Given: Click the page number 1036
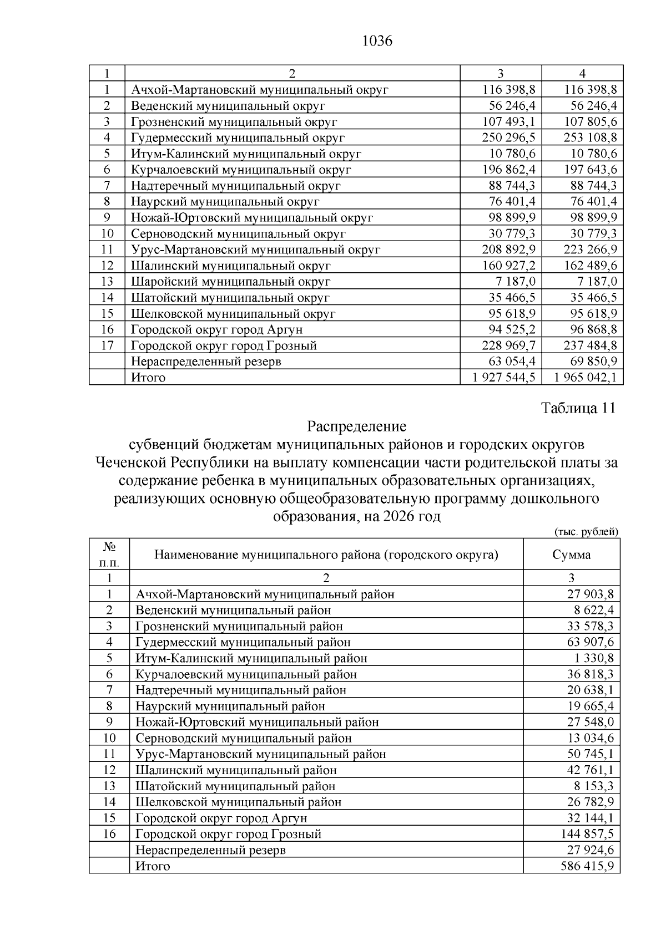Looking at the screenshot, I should [x=377, y=41].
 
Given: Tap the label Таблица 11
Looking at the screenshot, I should [x=578, y=408].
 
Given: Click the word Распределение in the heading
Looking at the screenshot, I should [x=356, y=426].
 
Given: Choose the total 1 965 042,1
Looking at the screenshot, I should [x=586, y=378].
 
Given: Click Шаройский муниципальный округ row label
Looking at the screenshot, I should [x=230, y=282].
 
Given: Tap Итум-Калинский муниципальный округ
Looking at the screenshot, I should [x=246, y=154].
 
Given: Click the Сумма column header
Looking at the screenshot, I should [x=571, y=555].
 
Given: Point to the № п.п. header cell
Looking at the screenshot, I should [x=109, y=555].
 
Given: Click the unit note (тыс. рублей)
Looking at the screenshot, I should [x=586, y=532].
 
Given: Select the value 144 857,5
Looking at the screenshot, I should [x=590, y=834].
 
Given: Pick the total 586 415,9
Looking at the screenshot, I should [x=590, y=866].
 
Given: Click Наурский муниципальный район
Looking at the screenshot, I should [x=230, y=706].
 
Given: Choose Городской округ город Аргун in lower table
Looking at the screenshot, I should [x=221, y=818].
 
